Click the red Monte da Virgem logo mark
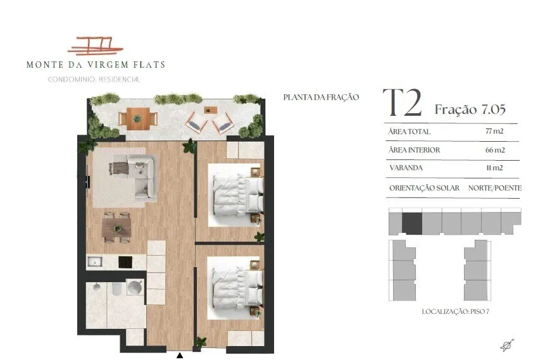tap(95, 46)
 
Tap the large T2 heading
tap(402, 103)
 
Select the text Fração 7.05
tap(470, 109)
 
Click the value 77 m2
tap(494, 132)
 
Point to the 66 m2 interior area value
tap(495, 150)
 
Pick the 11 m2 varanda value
tap(494, 168)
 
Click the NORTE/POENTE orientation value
tap(495, 188)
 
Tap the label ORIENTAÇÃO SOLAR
tap(424, 188)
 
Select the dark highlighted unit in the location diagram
tap(412, 223)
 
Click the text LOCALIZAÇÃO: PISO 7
tap(455, 311)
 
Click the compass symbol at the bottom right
tap(507, 345)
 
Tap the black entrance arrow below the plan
tap(180, 356)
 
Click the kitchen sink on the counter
tap(94, 261)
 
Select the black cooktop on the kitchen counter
tap(125, 262)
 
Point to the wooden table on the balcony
tap(138, 118)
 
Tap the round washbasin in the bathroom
tap(135, 287)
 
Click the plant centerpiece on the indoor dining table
tap(118, 228)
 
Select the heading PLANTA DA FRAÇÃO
tap(321, 97)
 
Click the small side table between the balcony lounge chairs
tap(210, 111)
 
